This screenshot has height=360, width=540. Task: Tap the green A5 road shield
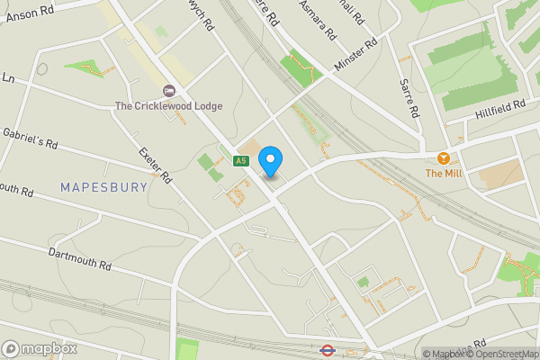240,161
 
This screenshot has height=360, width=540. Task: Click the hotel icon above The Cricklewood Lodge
168,91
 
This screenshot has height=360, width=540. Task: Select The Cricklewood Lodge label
168,106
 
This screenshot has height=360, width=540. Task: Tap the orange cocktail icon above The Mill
443,157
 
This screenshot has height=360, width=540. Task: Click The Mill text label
443,173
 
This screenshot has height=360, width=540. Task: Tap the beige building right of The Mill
499,174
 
